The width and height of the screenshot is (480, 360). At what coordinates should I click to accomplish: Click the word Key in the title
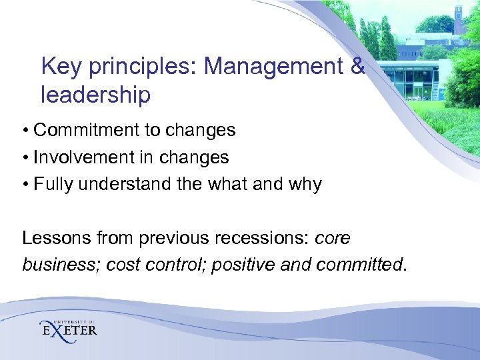tap(60, 67)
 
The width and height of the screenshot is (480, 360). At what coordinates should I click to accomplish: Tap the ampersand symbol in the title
tap(357, 67)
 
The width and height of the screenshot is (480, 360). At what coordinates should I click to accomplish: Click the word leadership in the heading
tap(95, 95)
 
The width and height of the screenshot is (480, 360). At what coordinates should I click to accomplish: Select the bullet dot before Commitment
tap(25, 131)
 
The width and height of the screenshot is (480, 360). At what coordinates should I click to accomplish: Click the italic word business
tap(54, 265)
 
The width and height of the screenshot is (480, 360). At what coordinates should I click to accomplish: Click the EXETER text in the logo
tap(69, 331)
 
